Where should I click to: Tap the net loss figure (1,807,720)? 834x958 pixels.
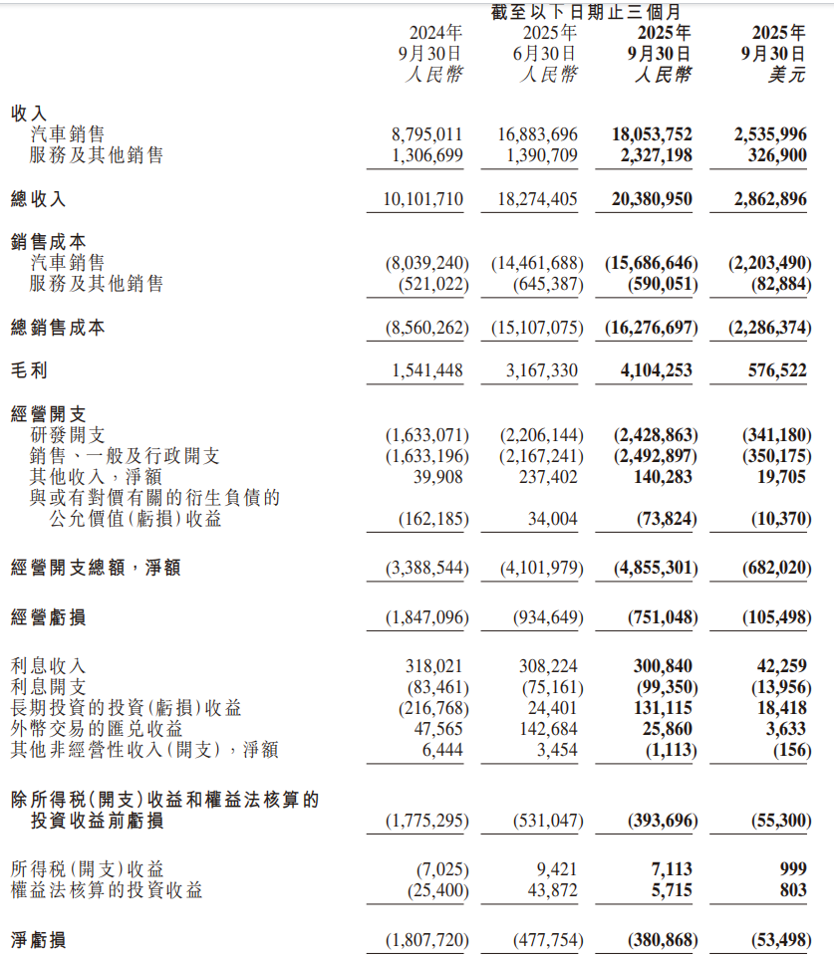[425, 940]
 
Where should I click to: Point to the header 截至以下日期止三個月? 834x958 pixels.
[586, 12]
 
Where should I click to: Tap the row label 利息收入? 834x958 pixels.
[47, 666]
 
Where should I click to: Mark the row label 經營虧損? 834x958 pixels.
[47, 617]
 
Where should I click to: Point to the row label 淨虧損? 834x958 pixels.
[38, 940]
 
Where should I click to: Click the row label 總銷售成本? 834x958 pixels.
[57, 328]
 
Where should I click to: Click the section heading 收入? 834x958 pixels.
[28, 114]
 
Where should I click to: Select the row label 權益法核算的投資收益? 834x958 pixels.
[106, 890]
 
